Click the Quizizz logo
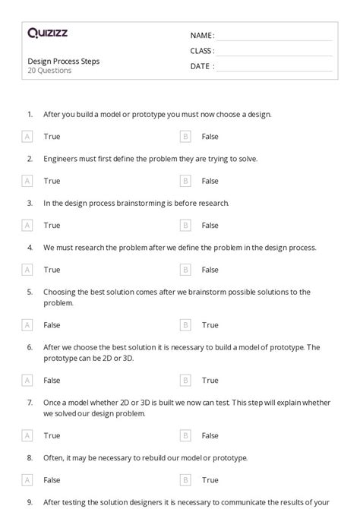[47, 33]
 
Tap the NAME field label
[201, 35]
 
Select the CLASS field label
[202, 51]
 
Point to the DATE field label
[201, 66]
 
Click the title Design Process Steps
[64, 61]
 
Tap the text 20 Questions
[49, 71]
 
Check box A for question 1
[27, 137]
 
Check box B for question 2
[185, 181]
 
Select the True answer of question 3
[52, 225]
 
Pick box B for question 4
[185, 270]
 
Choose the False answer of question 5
[52, 325]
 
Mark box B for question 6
[185, 381]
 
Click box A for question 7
[27, 436]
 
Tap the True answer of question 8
[210, 480]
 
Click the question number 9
[30, 502]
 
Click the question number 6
[30, 347]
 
